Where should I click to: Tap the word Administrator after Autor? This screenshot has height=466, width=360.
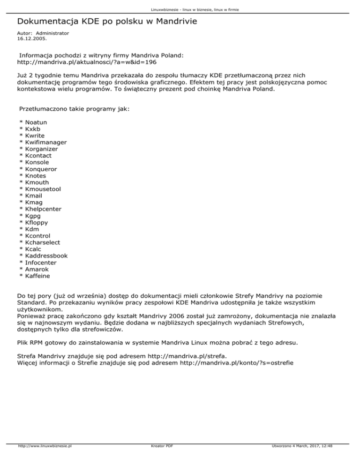(52, 33)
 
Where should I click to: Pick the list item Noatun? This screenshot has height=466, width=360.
(36, 122)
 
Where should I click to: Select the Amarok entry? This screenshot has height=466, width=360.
(37, 269)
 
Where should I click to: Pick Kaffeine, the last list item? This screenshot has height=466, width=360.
(37, 276)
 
